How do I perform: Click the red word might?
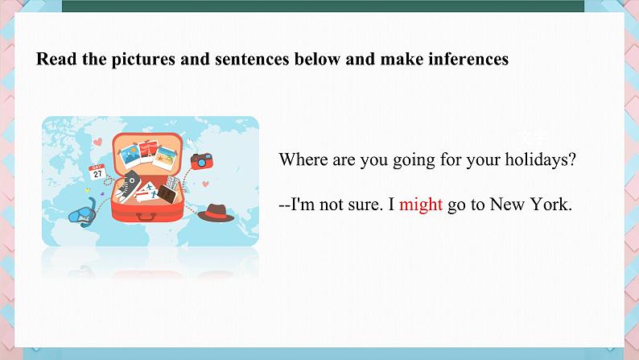pos(421,205)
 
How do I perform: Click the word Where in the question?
pos(303,159)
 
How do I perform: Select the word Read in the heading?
pos(56,59)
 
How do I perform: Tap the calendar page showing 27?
pos(97,172)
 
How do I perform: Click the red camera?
pos(202,161)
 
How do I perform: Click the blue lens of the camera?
pos(201,163)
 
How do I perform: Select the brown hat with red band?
pos(216,213)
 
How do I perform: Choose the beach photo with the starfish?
pos(165,158)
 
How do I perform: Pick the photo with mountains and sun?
pos(130,155)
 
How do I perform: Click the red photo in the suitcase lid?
pos(148,151)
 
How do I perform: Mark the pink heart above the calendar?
pos(98,143)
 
